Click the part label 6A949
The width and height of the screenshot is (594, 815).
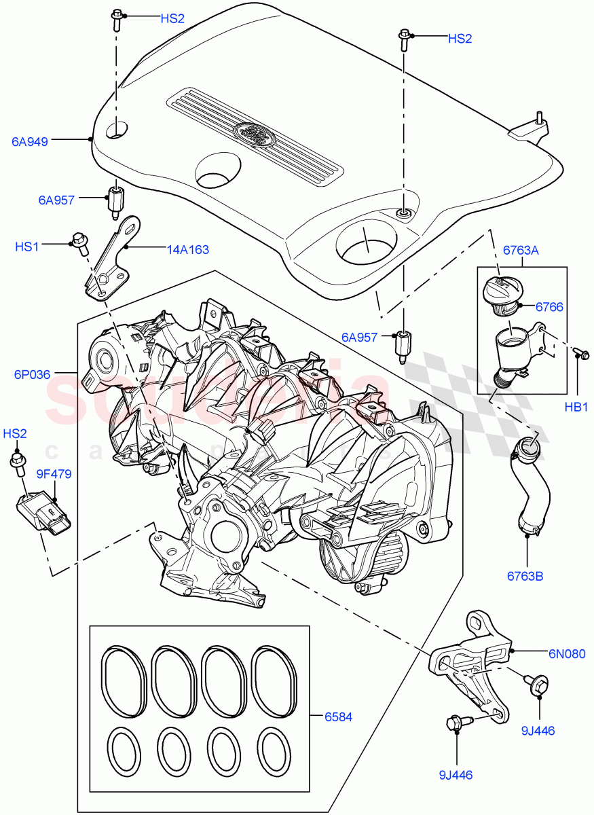point(30,142)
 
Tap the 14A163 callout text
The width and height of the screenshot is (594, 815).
point(189,249)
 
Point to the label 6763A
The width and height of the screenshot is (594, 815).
point(521,251)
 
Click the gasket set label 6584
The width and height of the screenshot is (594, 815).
point(339,716)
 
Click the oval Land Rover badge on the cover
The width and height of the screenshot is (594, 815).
point(253,132)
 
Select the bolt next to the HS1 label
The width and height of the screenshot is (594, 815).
point(79,242)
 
